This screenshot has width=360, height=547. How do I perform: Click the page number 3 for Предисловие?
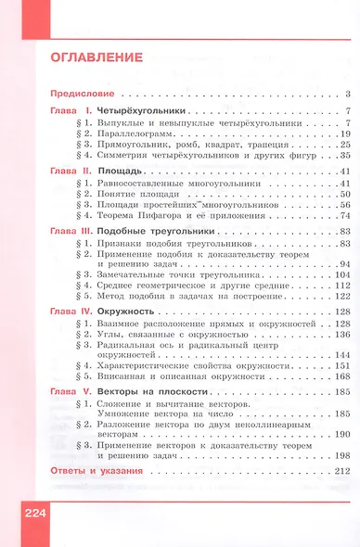[x=344, y=95]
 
